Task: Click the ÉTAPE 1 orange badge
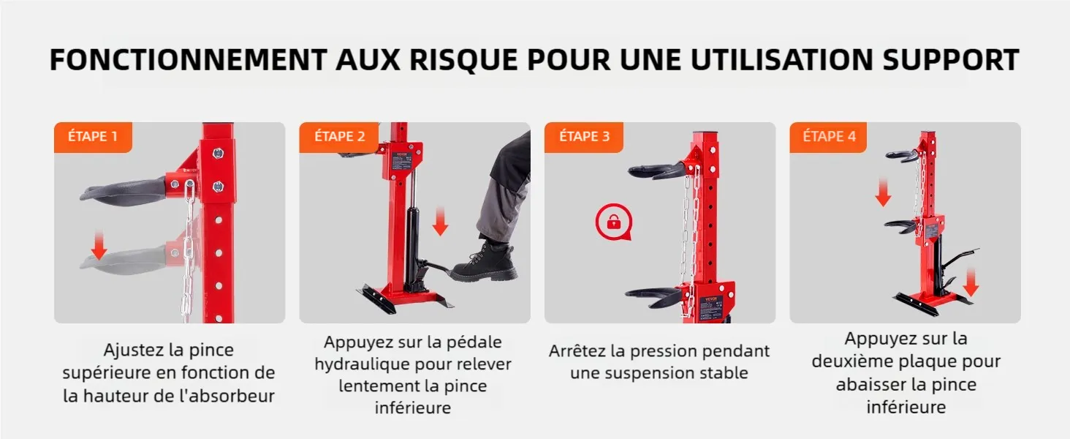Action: point(93,138)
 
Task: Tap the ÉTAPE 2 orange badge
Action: point(338,138)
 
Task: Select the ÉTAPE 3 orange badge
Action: point(584,138)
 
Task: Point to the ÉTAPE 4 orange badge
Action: point(828,138)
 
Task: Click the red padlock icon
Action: point(614,222)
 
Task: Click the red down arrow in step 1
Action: point(99,245)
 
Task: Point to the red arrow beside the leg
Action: point(440,222)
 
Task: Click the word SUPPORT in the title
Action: point(951,60)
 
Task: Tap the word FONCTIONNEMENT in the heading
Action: point(189,60)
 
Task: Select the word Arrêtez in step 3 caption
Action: point(587,351)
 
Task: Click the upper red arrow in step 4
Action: point(883,192)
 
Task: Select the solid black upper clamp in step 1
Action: point(126,188)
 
